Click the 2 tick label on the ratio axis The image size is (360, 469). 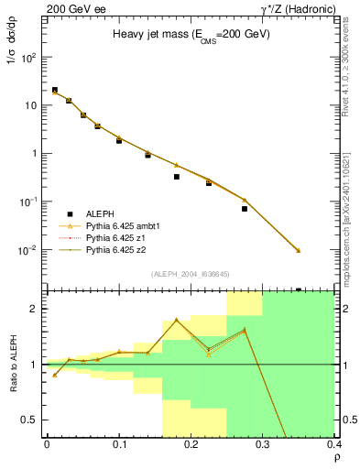point(34,309)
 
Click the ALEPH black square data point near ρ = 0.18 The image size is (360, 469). point(177,177)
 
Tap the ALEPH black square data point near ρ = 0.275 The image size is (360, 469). point(245,209)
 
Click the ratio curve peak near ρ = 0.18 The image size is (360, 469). point(177,320)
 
